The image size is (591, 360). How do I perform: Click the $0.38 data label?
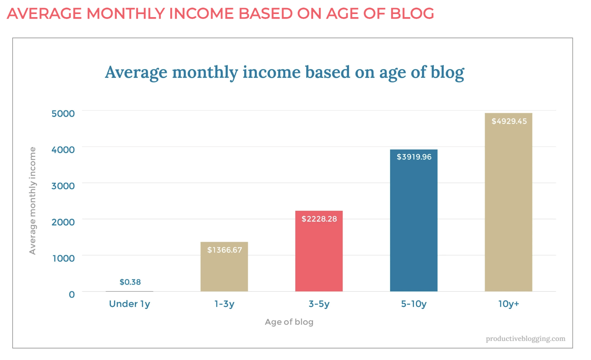130,282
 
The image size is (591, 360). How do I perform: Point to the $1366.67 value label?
224,250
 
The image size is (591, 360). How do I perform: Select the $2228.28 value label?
319,219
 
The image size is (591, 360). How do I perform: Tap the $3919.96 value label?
414,157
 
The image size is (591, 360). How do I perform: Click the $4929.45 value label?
509,121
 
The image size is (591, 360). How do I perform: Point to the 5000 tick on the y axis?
63,114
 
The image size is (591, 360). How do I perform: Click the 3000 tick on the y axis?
63,186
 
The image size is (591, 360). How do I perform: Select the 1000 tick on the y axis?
63,258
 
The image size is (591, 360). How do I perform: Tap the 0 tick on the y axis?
72,294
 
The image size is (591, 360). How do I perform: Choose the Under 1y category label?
130,304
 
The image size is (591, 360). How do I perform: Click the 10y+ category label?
508,304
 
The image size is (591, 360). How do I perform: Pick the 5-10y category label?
414,304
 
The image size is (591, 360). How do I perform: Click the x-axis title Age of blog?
289,322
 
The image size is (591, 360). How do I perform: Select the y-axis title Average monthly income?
33,201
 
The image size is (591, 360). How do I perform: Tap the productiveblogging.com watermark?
525,338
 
